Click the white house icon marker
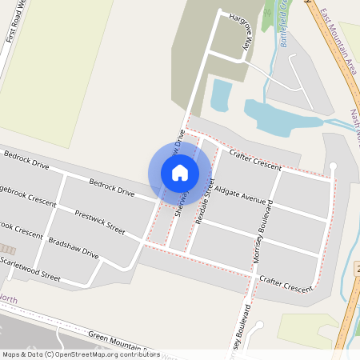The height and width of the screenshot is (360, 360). (x=180, y=173)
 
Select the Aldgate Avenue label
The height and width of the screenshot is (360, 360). (x=239, y=193)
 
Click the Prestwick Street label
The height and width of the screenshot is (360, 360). (x=99, y=222)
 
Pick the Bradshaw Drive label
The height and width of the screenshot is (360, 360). (x=73, y=248)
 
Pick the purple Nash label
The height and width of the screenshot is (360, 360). (x=354, y=121)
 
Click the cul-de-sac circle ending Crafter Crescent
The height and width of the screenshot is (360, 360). (x=334, y=165)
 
